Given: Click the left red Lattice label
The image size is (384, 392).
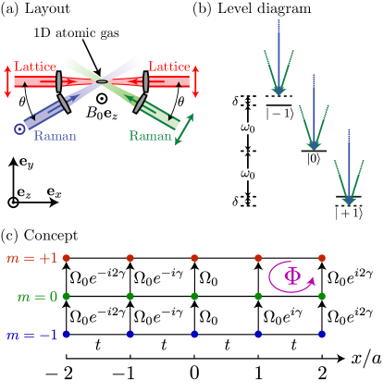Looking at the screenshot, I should [35, 67].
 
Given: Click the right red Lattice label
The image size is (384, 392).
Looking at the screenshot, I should [169, 67].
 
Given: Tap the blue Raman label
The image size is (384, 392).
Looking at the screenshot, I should [56, 136].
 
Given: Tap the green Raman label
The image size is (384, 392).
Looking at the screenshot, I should [151, 136].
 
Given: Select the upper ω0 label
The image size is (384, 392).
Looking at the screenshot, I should [248, 128].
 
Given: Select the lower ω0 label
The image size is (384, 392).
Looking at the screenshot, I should [248, 174].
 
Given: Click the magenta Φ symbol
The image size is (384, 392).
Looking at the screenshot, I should [292, 276].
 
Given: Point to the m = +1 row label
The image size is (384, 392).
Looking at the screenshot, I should [31, 259].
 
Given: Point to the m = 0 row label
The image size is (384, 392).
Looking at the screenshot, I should [37, 297].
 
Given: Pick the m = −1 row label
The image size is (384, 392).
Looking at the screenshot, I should [31, 335].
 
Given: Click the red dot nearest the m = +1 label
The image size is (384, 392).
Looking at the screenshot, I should [66, 258].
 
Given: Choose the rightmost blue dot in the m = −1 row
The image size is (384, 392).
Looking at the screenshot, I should [322, 334].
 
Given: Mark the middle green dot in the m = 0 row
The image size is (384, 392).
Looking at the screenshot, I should [194, 296].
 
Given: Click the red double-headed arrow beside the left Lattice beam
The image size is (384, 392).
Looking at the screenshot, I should [8, 81].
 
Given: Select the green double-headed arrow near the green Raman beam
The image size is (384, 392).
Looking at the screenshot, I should [185, 129].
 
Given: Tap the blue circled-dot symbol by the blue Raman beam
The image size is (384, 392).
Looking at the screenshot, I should [19, 129].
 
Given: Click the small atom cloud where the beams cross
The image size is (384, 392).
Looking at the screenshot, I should [102, 81].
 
